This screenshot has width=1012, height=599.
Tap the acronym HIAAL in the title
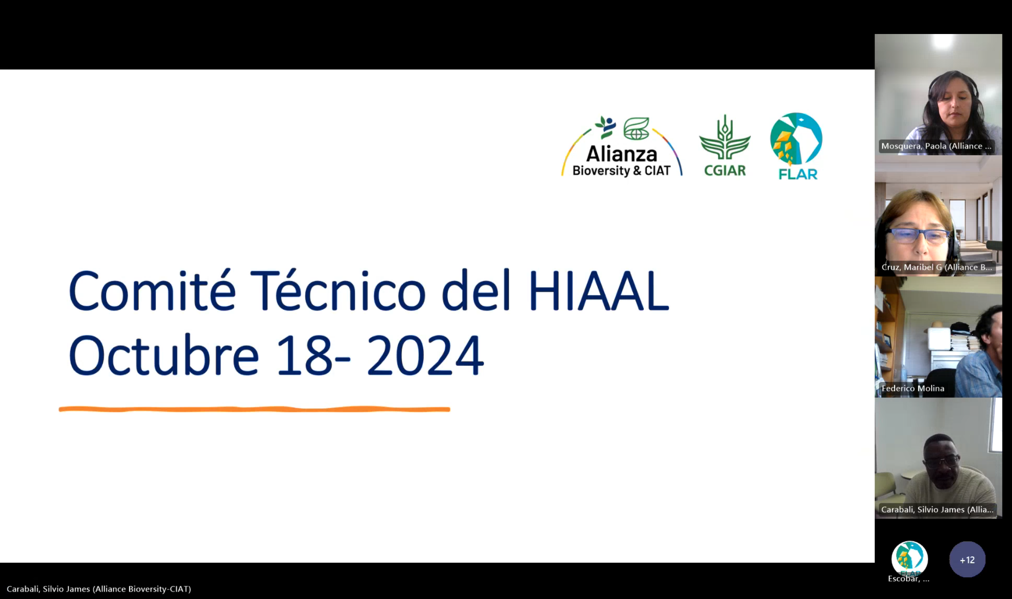tap(599, 291)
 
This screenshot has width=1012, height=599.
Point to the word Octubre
tap(163, 355)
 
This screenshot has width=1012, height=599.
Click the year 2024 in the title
tap(425, 355)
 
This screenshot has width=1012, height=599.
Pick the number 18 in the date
tap(305, 355)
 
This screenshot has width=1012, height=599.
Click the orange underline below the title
tap(254, 409)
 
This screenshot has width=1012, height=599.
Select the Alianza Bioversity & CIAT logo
tap(622, 147)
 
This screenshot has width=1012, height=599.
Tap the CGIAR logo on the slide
tap(725, 146)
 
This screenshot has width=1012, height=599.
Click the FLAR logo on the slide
tap(796, 146)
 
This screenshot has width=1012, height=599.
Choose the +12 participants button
tap(967, 560)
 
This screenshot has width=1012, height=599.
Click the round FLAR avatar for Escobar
tap(910, 559)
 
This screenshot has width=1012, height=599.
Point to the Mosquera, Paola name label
tap(936, 146)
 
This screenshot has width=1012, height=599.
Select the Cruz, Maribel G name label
tap(936, 267)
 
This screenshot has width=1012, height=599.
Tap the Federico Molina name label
tap(913, 388)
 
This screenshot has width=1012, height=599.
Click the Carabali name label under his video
tap(937, 509)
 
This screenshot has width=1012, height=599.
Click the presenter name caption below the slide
tap(99, 589)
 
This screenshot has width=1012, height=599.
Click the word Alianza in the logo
tap(622, 154)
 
